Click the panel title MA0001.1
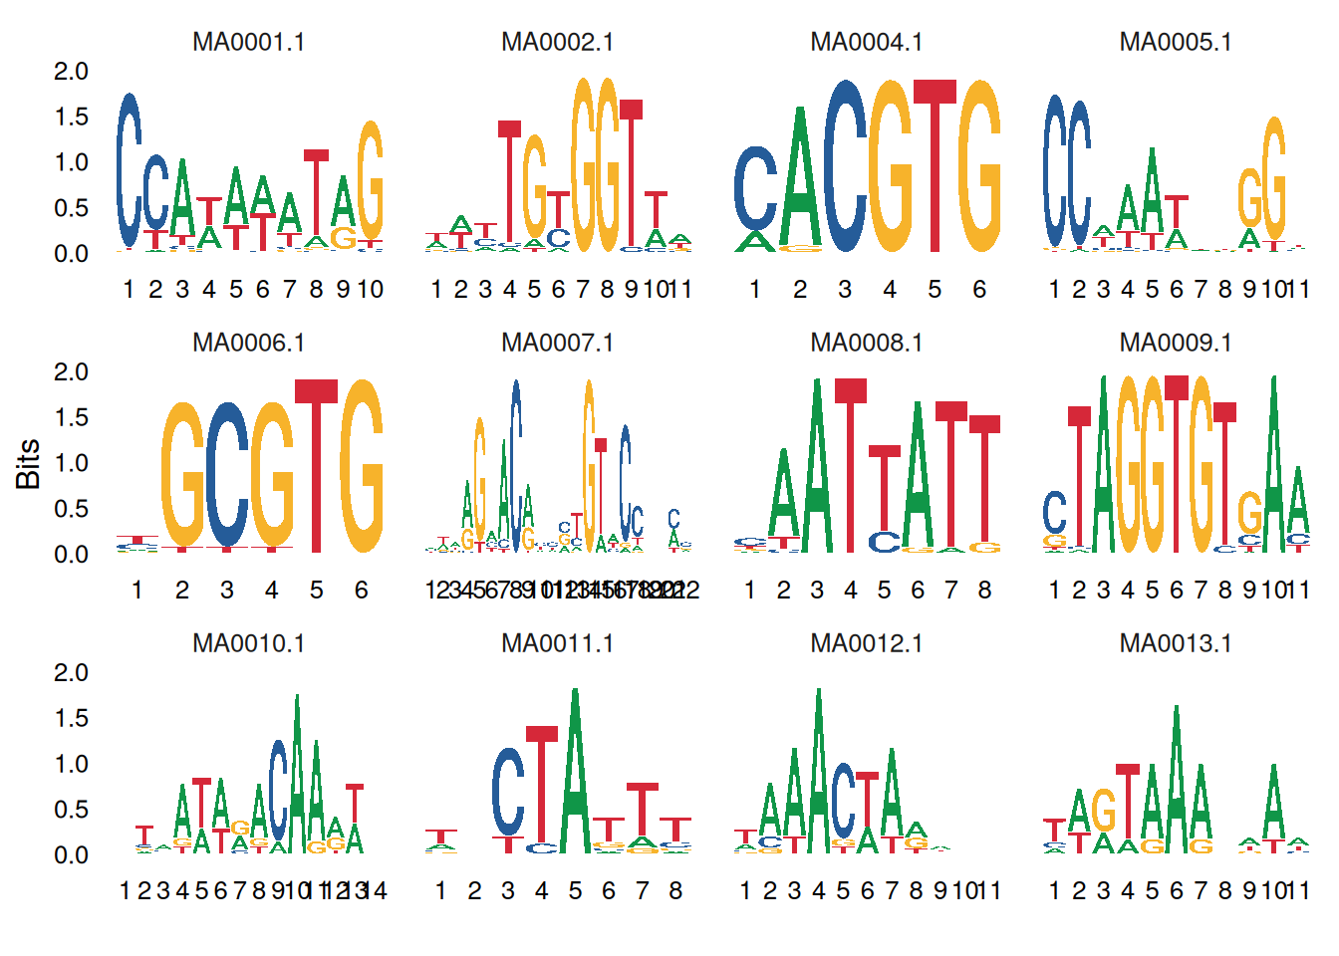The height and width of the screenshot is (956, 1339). pos(248,42)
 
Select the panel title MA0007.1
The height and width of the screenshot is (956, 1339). pos(557,343)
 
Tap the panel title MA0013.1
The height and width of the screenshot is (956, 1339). pos(1176,643)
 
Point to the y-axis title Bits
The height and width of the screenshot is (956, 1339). pos(28,463)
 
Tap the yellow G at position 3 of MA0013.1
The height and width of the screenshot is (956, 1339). pos(1103,812)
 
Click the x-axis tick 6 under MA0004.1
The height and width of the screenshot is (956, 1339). pos(979,289)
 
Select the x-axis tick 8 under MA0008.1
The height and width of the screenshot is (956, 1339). pos(984,590)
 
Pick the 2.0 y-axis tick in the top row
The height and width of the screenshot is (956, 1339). pos(71,72)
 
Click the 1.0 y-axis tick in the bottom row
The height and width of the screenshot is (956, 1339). pos(71,764)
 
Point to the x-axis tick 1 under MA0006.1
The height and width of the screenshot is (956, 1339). pos(137,590)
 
